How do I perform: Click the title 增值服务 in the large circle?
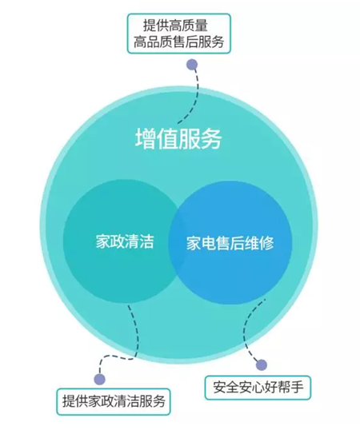178,139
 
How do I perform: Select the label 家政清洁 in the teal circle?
125,241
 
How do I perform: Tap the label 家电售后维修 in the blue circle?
230,243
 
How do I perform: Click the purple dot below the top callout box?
192,65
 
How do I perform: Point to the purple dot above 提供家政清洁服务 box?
99,380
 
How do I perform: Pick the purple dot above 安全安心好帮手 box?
262,365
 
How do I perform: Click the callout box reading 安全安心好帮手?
258,388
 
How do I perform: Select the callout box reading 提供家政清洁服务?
114,401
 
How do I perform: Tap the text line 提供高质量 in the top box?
175,26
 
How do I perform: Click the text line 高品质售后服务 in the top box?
178,42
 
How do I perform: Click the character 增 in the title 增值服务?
146,139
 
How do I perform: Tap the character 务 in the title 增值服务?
211,139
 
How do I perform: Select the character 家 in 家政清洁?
103,241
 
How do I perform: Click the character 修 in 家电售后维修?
266,243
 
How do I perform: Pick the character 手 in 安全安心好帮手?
296,388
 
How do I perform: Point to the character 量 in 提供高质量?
202,26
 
